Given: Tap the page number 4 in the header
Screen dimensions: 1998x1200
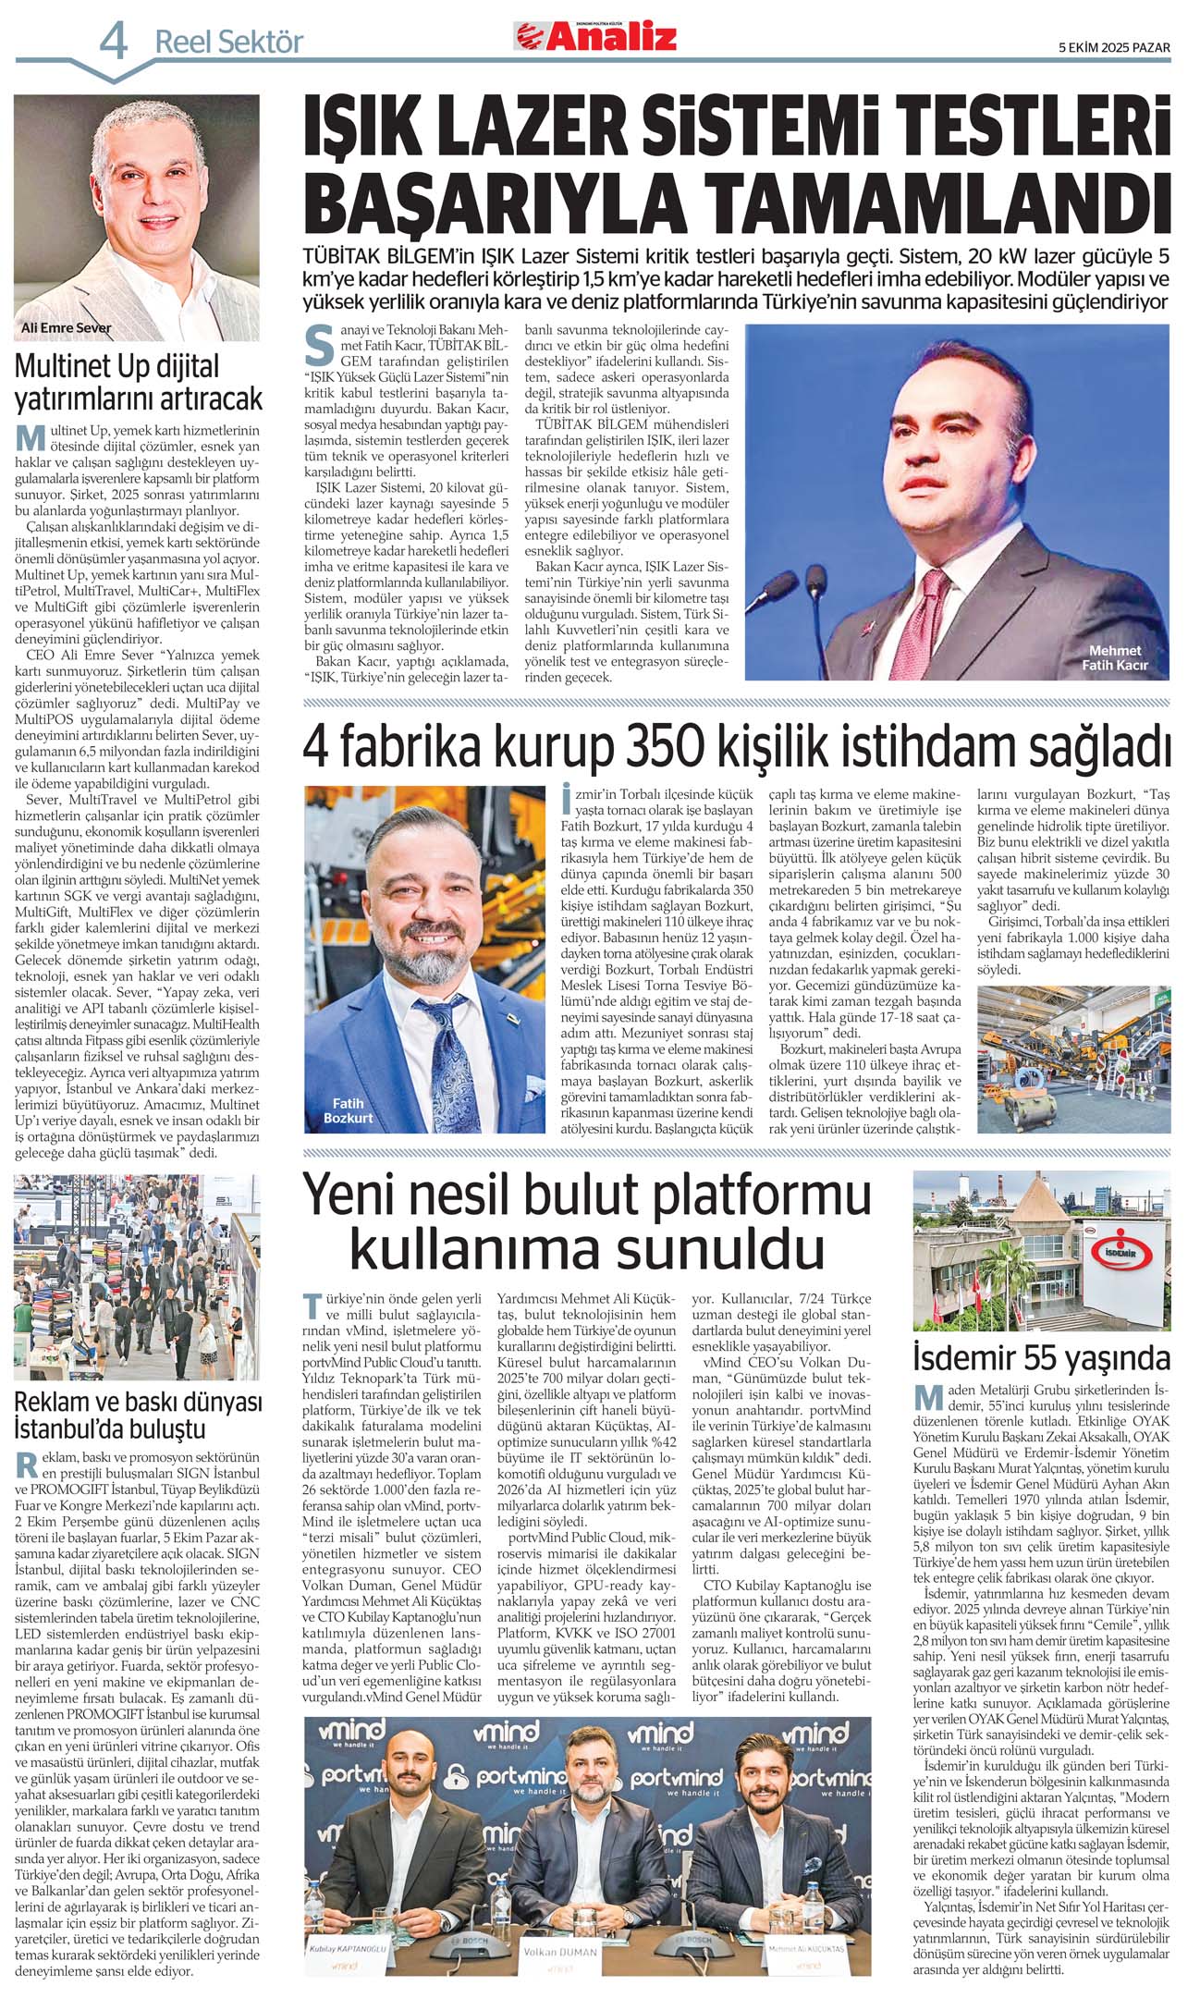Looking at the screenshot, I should (114, 40).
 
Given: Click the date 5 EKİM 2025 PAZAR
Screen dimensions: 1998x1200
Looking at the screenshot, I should (1114, 48).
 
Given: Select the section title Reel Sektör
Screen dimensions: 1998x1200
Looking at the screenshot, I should (228, 42).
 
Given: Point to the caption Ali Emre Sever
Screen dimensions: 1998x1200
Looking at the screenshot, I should (66, 328).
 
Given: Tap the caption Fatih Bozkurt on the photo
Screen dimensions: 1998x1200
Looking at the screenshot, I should (348, 1110).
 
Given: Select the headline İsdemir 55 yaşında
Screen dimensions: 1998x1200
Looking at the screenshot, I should (1041, 1358).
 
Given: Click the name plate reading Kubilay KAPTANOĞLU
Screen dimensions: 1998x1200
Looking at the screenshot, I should (347, 1949).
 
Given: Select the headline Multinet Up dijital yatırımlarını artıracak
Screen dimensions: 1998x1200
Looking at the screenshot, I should (138, 382).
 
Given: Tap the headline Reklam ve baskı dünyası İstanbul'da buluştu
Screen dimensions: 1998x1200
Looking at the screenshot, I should (138, 1416).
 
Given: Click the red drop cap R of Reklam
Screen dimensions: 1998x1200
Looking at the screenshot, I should (26, 1464).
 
